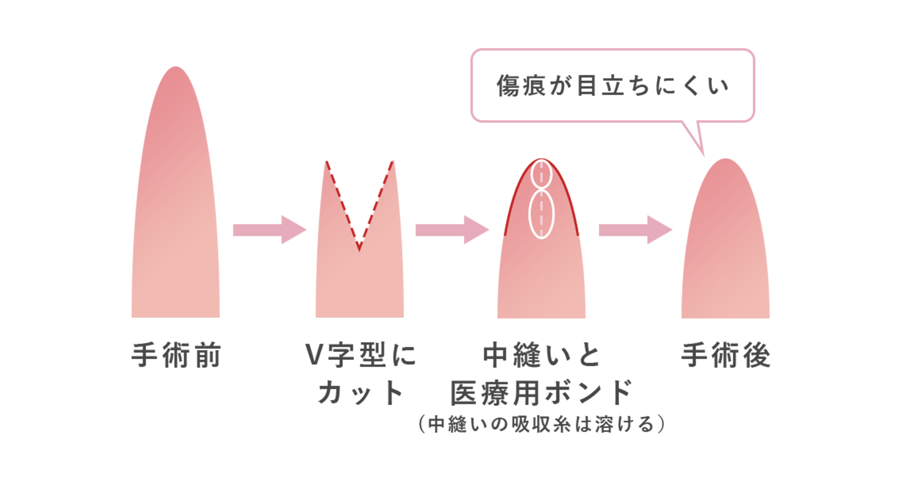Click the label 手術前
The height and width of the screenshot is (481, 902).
(x=176, y=356)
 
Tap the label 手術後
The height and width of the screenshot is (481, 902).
(x=726, y=356)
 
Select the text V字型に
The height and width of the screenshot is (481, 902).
(x=361, y=356)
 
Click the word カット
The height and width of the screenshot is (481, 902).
(x=361, y=393)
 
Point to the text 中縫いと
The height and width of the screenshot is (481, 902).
(x=541, y=356)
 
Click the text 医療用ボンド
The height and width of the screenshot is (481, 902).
(x=541, y=393)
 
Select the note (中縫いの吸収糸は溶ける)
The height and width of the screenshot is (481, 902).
(x=541, y=426)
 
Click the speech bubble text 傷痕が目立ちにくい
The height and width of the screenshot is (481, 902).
(x=613, y=86)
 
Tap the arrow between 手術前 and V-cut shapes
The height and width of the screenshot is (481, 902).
(x=269, y=230)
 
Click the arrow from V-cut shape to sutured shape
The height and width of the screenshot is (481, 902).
(x=452, y=230)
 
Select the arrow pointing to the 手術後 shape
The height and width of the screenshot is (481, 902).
(x=634, y=230)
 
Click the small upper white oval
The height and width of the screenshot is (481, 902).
(x=541, y=174)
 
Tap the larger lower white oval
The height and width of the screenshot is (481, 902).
(x=542, y=214)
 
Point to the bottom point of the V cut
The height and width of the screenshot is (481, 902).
(x=360, y=250)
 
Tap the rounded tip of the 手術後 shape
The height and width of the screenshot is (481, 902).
(x=726, y=162)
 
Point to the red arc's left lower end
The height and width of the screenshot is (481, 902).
(x=506, y=234)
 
